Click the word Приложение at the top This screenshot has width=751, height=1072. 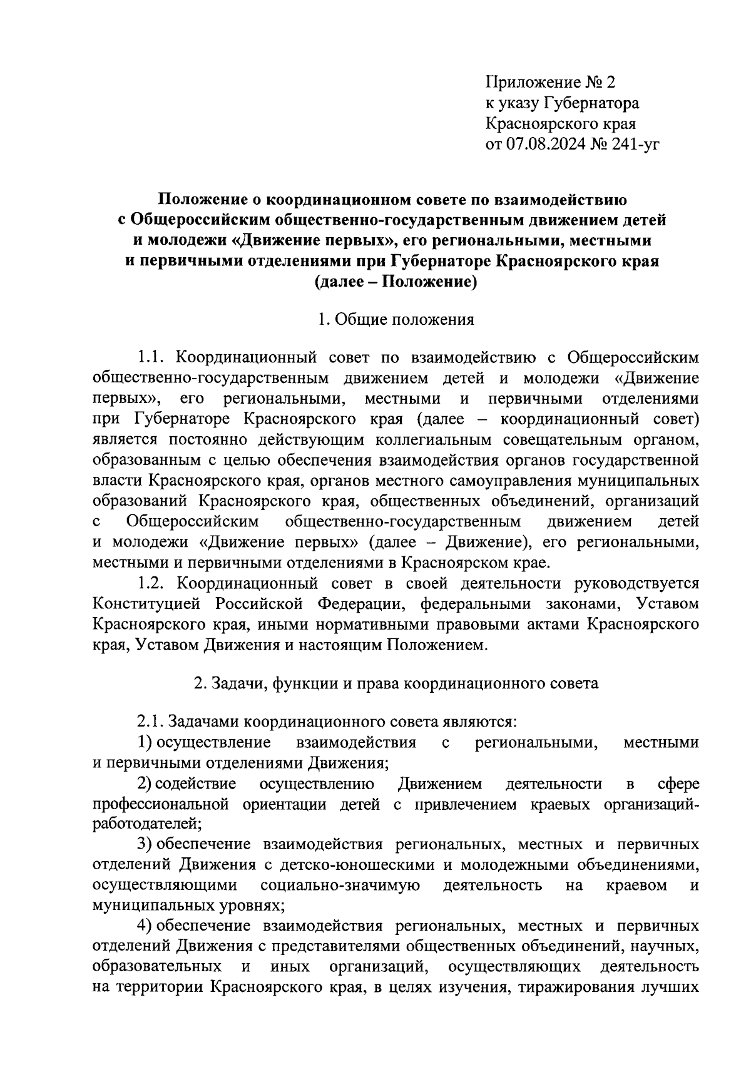coord(529,82)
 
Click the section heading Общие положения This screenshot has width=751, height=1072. coord(404,320)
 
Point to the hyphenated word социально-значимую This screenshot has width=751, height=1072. coord(340,886)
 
